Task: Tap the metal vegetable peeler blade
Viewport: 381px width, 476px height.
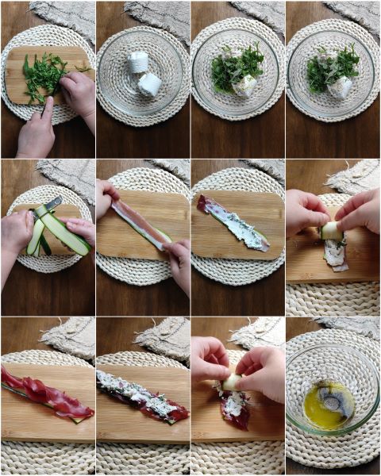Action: pyautogui.click(x=52, y=205)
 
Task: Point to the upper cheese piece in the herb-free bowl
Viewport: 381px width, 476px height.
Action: pyautogui.click(x=138, y=62)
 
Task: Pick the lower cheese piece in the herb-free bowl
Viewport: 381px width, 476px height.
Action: pyautogui.click(x=149, y=84)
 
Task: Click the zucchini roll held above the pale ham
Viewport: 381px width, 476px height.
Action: pyautogui.click(x=331, y=230)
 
